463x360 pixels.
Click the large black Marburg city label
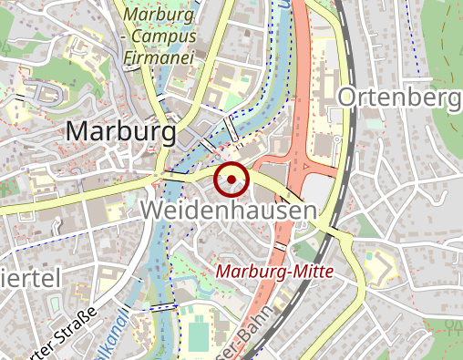(x=120, y=132)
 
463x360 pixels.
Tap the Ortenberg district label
(x=399, y=98)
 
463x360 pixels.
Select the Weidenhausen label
(x=229, y=211)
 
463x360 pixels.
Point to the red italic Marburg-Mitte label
(x=275, y=272)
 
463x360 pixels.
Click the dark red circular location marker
(x=231, y=179)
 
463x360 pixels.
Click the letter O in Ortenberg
(x=349, y=98)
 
